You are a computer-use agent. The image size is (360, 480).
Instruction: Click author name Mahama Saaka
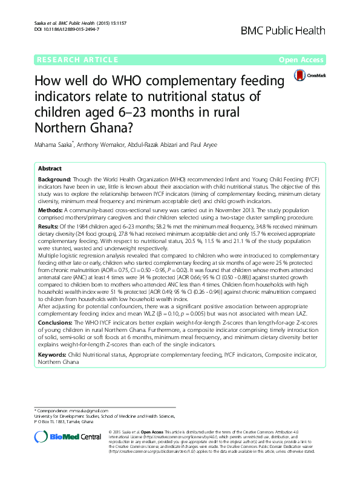coord(47,144)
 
